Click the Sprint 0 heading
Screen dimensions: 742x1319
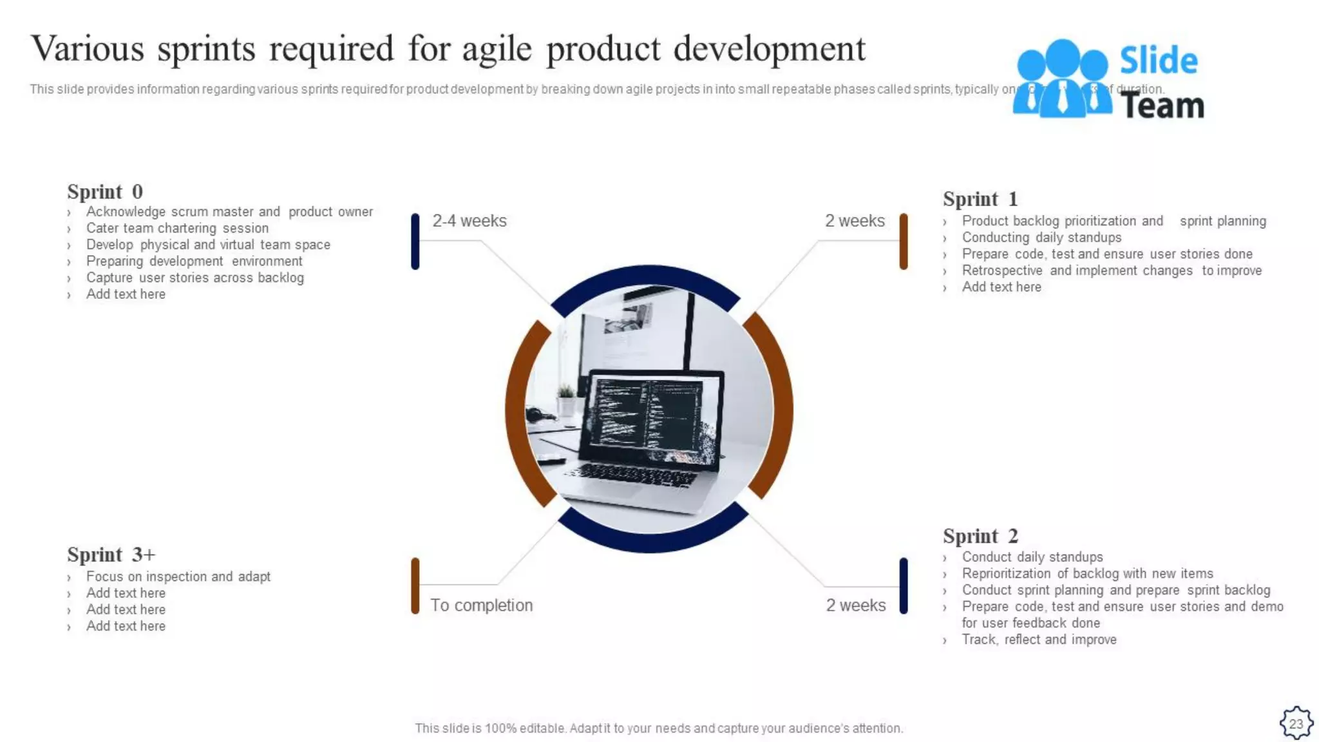105,192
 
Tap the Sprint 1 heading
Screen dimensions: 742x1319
980,199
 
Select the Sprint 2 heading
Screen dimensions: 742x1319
980,536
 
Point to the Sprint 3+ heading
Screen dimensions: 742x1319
111,555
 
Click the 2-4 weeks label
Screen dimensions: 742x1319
469,221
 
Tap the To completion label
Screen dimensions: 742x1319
481,605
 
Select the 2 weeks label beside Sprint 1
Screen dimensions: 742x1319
855,221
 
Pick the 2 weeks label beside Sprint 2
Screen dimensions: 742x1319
855,605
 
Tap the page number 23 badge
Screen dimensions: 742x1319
1295,723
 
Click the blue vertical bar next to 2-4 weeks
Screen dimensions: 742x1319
415,242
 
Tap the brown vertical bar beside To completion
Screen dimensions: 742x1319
415,585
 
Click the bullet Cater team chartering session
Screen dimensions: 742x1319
177,229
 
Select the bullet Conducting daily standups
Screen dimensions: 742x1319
1041,238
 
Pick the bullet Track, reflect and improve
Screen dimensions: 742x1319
1038,640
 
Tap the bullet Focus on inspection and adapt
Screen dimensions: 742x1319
178,576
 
